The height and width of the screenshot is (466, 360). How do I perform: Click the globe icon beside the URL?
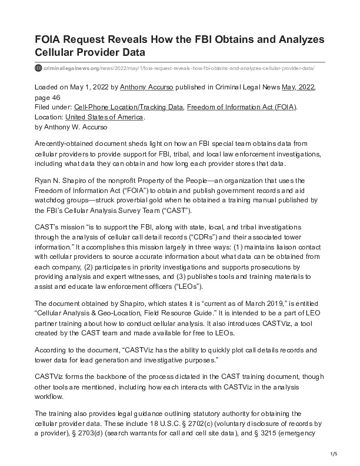[x=39, y=68]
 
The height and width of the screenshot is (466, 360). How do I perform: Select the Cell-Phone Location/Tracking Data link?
[x=127, y=106]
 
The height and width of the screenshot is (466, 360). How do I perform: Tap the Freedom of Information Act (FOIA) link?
[x=242, y=106]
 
